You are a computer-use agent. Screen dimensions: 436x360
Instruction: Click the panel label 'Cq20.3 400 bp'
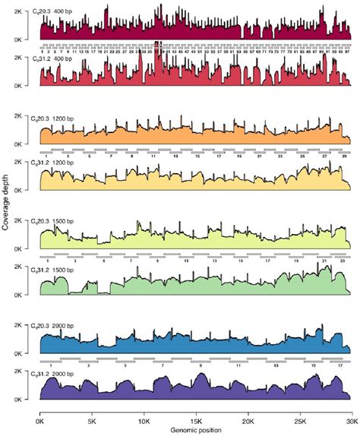[65, 5]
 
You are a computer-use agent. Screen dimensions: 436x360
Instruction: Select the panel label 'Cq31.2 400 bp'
[65, 57]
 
